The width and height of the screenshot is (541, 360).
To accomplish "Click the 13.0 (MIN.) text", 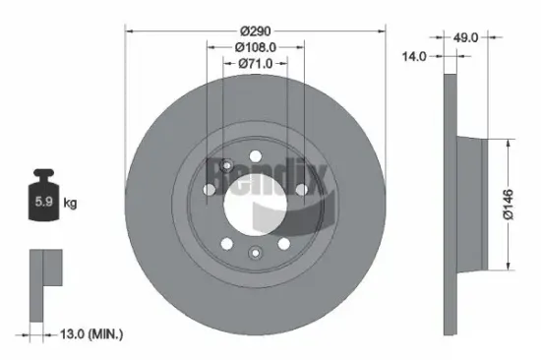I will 91,336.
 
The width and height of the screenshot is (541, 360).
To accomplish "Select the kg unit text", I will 70,204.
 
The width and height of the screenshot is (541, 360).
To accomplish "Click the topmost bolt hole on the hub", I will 253,155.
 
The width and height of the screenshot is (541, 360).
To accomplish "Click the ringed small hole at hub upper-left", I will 226,164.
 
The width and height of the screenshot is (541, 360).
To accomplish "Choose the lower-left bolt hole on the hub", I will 224,242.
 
